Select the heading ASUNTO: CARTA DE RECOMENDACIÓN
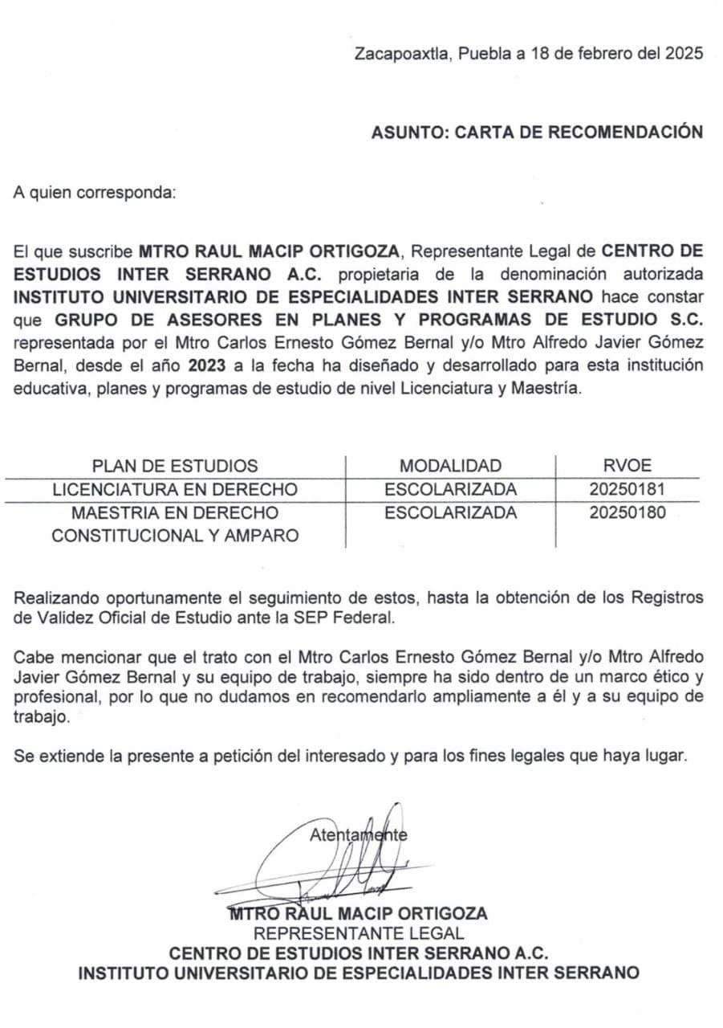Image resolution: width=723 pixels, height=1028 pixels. pyautogui.click(x=537, y=133)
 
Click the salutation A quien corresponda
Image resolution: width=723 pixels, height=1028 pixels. pyautogui.click(x=93, y=193)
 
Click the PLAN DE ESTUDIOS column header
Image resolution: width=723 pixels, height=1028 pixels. pyautogui.click(x=175, y=466)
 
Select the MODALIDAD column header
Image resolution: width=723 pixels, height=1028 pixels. pyautogui.click(x=450, y=466)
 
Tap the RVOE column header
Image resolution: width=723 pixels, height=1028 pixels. pyautogui.click(x=627, y=466)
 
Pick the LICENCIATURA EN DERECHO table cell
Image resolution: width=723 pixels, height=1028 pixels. pyautogui.click(x=175, y=489)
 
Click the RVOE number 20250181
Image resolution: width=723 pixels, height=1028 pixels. pyautogui.click(x=627, y=489)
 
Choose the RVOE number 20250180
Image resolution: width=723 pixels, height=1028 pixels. pyautogui.click(x=627, y=512)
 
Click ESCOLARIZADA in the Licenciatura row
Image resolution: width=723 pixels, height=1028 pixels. pyautogui.click(x=450, y=489)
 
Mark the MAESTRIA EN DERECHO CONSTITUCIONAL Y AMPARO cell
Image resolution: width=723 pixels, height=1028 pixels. pyautogui.click(x=175, y=524)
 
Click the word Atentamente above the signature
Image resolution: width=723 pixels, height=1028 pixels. pyautogui.click(x=358, y=834)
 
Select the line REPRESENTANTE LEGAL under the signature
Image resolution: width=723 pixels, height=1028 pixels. pyautogui.click(x=358, y=933)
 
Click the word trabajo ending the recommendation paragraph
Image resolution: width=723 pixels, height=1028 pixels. pyautogui.click(x=40, y=717)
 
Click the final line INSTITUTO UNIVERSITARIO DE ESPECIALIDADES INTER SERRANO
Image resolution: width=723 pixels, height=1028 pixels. pyautogui.click(x=358, y=973)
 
